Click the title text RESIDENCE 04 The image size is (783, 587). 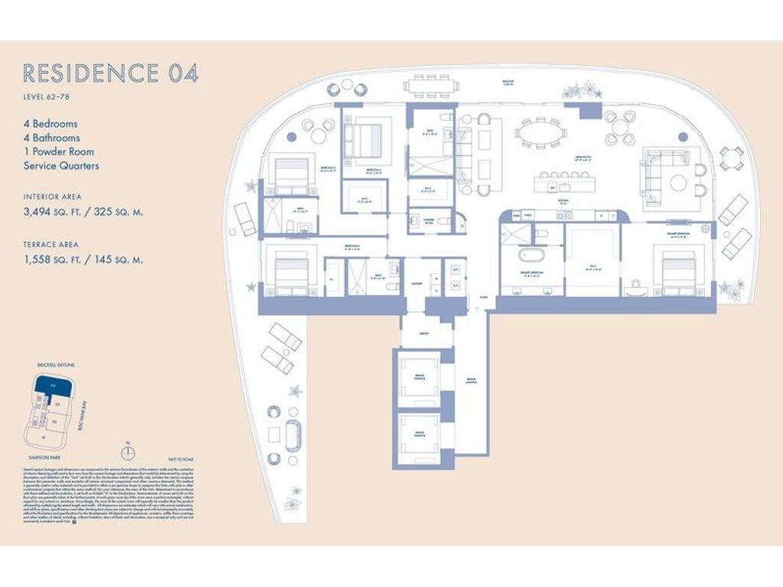coord(111,73)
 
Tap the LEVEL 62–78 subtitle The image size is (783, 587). coord(50,97)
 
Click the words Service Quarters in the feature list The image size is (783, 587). coord(61,166)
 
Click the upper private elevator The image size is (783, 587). coord(419,378)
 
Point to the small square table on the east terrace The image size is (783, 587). coord(732,157)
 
